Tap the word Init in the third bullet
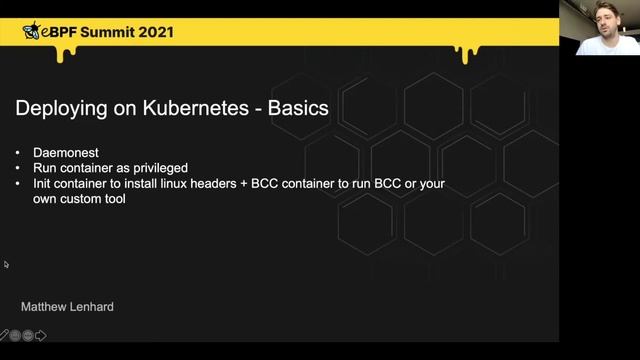[44, 184]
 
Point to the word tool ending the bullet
[119, 199]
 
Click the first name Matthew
[44, 307]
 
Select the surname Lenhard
[93, 307]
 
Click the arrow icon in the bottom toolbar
[41, 335]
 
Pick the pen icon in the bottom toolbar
[4, 335]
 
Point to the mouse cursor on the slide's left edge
[6, 265]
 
